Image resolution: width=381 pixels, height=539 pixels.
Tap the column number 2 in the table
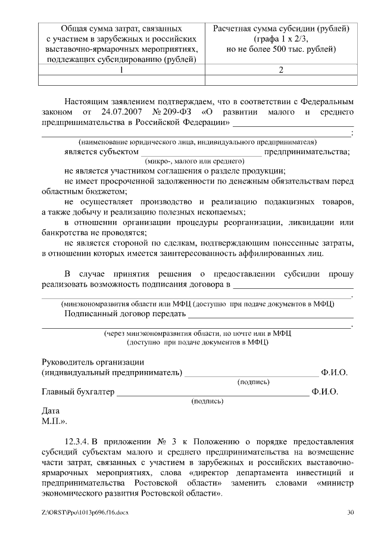pos(280,70)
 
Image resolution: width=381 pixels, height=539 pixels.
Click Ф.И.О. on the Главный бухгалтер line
pos(324,392)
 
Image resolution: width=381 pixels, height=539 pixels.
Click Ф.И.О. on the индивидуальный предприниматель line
pos(334,373)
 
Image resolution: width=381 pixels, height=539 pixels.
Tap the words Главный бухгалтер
pos(77,392)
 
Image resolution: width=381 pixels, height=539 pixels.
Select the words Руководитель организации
pos(93,363)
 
